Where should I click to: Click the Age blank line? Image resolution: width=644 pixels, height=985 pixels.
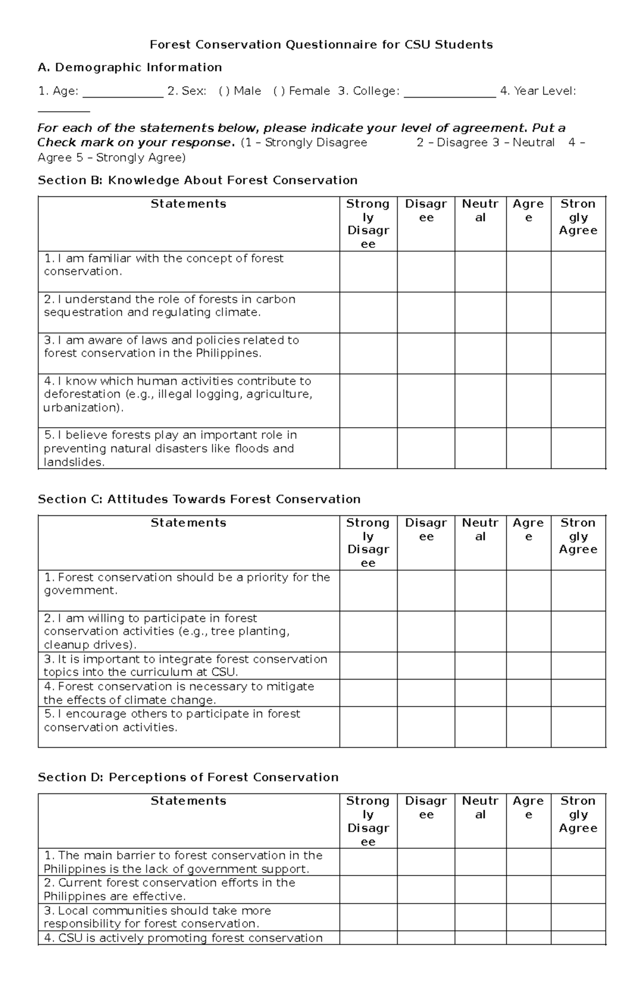point(123,96)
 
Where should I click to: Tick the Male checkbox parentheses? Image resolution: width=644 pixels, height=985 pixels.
point(224,91)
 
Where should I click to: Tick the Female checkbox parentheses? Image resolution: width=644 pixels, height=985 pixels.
point(279,91)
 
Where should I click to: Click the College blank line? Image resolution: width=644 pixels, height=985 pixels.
point(450,96)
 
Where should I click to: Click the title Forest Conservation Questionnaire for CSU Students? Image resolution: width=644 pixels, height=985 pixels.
point(321,45)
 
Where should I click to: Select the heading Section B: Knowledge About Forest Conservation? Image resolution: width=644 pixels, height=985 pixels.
point(197,180)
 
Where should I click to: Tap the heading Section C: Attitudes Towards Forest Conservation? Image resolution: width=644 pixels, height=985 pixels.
point(199,499)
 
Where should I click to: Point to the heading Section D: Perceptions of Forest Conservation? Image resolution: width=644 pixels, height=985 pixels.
point(188,777)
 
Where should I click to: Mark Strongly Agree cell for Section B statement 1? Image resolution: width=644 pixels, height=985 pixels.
point(578,272)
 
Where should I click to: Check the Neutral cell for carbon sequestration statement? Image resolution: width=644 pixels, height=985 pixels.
point(480,312)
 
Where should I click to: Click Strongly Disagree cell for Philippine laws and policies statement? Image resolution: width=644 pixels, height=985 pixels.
point(368,353)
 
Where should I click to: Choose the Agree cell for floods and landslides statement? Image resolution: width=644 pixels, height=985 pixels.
point(528,448)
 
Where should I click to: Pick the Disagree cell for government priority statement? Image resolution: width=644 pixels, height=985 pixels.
point(426,590)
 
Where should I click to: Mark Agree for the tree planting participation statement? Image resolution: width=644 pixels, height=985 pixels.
point(528,631)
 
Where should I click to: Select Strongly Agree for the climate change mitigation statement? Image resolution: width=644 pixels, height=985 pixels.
point(578,693)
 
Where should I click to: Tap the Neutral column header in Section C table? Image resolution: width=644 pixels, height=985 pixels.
point(480,529)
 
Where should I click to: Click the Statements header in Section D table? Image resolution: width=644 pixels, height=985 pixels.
point(188,801)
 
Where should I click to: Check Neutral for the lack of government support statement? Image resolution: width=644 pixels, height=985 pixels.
point(480,862)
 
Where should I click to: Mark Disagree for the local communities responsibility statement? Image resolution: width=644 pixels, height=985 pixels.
point(426,917)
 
